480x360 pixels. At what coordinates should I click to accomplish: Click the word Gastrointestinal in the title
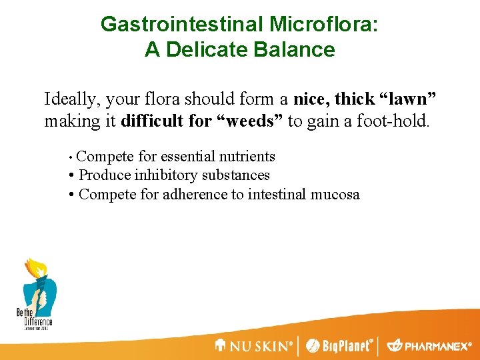tap(181, 25)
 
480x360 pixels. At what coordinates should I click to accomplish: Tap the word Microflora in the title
tap(323, 25)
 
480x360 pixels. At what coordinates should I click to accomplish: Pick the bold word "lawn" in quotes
tap(407, 99)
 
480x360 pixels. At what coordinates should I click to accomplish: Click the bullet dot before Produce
tap(71, 176)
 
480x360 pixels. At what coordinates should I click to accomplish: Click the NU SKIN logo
tap(253, 346)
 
